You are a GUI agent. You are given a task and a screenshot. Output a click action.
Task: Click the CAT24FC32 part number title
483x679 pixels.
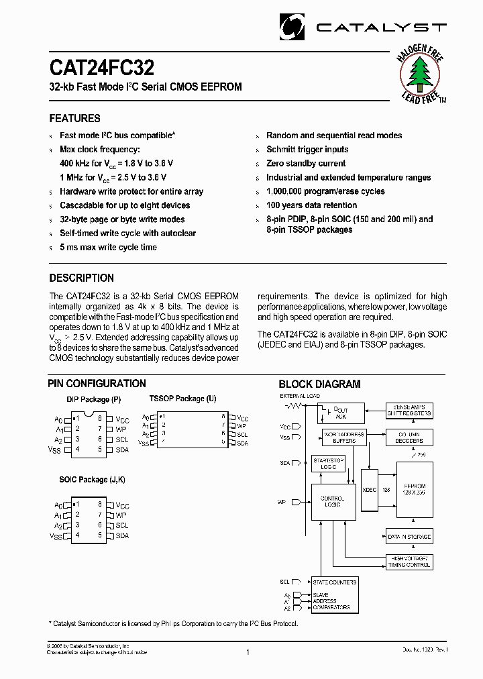101,68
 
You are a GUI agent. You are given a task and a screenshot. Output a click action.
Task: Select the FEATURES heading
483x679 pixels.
74,119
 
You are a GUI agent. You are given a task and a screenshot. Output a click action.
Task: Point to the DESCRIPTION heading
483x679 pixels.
81,278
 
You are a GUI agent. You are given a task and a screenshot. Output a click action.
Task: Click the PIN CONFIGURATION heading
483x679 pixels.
97,384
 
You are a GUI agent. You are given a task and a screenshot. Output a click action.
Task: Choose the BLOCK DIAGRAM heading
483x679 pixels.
319,384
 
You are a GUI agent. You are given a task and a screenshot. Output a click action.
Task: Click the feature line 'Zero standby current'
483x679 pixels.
306,164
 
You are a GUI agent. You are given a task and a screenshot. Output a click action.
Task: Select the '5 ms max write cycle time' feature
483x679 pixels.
108,248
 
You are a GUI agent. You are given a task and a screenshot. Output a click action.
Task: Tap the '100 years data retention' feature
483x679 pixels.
311,205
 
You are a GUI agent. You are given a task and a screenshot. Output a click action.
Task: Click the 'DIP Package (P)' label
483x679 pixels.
93,400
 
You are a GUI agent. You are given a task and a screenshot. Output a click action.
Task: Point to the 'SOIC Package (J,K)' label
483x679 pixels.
93,480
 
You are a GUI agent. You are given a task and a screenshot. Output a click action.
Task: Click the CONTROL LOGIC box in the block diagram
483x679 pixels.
332,501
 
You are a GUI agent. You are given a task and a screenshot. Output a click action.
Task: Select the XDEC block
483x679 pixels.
369,490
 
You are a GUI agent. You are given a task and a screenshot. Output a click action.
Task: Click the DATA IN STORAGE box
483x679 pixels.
409,537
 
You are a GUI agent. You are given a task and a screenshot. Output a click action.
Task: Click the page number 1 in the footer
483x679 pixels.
248,651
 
